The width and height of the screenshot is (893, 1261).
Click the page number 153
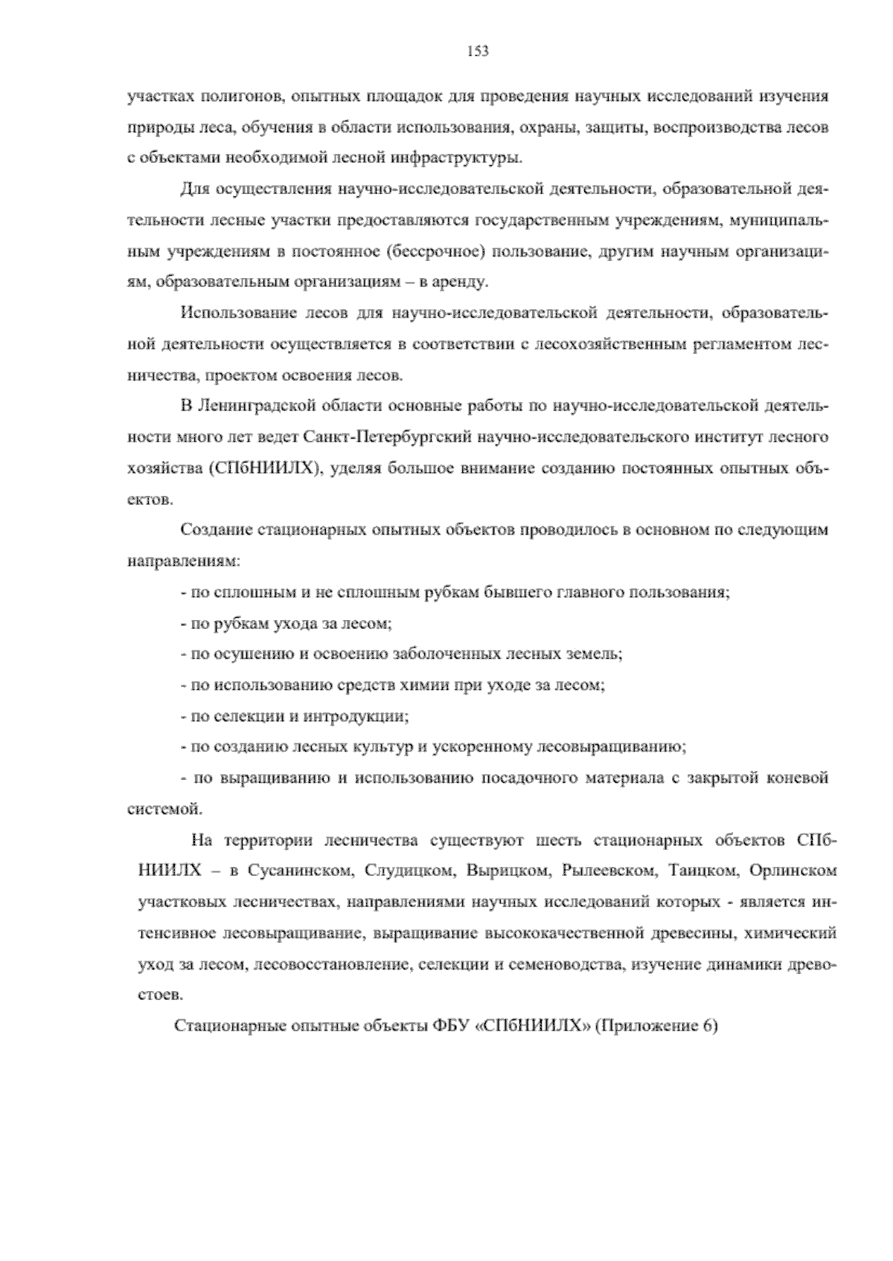point(477,51)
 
